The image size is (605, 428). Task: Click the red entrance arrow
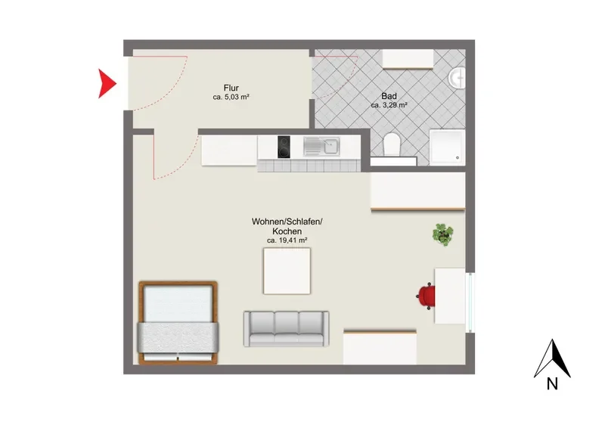[106, 83]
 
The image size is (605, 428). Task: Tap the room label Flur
[231, 88]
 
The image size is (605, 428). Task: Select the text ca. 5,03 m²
[231, 98]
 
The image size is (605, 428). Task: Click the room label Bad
[389, 96]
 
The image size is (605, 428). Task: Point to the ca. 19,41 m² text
[287, 240]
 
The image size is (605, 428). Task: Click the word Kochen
[287, 231]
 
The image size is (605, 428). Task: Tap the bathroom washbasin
[457, 78]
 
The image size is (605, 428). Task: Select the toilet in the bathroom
[392, 144]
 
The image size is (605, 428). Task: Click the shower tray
[447, 147]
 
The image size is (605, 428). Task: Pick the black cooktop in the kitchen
[284, 147]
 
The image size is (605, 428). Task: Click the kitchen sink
[321, 147]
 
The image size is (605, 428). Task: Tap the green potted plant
[443, 234]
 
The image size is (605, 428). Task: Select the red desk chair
[426, 296]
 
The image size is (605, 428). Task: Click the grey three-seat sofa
[287, 329]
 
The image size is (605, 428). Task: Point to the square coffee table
[287, 271]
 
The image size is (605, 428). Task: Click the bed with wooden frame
[178, 323]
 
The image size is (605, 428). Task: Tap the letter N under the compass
[552, 384]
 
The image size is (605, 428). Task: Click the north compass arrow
[552, 358]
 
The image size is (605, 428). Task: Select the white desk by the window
[450, 296]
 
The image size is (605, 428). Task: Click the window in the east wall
[470, 302]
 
